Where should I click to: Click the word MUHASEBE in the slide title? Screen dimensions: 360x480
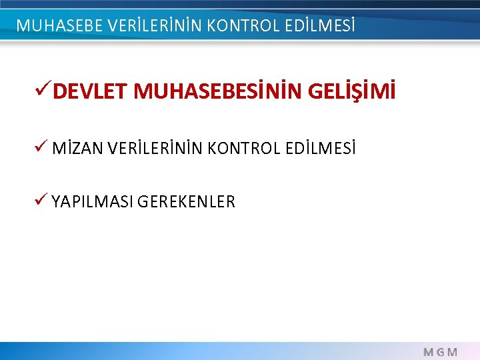pos(57,26)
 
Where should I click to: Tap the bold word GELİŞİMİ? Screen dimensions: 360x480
pos(352,92)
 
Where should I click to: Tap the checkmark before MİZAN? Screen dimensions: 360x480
pos(43,147)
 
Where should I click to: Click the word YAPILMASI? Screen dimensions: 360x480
pos(93,201)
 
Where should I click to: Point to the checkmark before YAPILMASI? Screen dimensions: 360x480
pos(43,200)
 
